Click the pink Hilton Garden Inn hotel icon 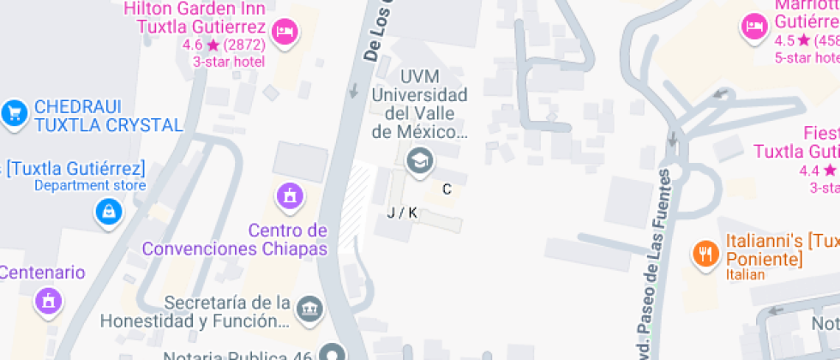(x=284, y=33)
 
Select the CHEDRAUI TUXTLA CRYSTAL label (x=108, y=117)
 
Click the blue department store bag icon (x=109, y=209)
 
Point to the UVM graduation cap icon (x=419, y=159)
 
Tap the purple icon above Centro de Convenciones (x=291, y=195)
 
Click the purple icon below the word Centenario (x=47, y=300)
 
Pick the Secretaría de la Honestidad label (x=225, y=312)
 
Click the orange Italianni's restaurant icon (x=705, y=253)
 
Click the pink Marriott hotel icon (x=754, y=27)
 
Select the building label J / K (x=401, y=213)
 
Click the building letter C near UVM (x=447, y=189)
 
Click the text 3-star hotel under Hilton (x=228, y=62)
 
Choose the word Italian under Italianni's (x=744, y=274)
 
